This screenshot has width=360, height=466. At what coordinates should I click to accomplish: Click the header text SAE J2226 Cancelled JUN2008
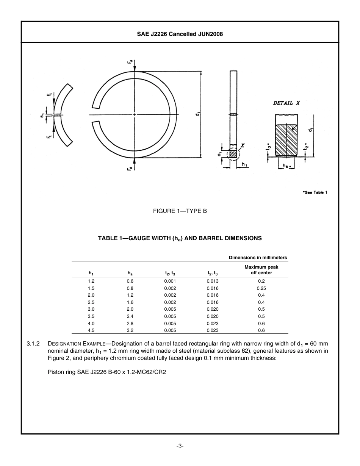pos(180,34)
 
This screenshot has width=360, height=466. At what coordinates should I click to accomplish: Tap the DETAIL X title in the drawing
pos(286,103)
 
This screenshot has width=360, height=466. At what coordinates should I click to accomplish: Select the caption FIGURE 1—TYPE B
pos(180,211)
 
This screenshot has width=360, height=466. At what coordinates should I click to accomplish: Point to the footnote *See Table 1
pos(315,192)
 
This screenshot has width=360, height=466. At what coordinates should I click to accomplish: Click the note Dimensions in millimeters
pos(258,258)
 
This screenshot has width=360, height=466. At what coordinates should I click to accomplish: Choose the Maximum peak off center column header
pos(261,270)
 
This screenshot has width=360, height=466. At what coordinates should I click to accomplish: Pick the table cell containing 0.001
pos(170,281)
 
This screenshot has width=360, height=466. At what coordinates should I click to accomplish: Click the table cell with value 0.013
pos(212,281)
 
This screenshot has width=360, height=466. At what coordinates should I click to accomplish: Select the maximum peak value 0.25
pos(261,288)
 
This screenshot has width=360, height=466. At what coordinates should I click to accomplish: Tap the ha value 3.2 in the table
pos(130,330)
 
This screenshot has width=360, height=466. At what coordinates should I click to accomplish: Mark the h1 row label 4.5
pos(91,330)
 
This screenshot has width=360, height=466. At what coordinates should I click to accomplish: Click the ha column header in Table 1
pos(130,273)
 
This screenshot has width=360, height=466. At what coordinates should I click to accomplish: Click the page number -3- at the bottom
pos(180,446)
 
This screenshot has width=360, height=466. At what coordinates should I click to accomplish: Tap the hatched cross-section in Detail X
pos(286,141)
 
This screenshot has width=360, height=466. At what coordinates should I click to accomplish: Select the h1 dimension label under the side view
pos(244,164)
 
